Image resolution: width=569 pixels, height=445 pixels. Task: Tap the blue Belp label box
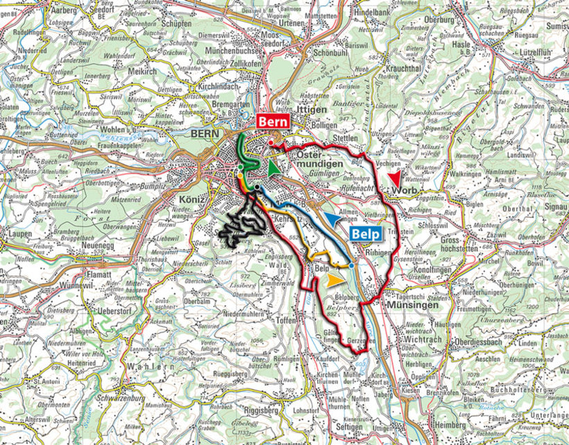coord(366,234)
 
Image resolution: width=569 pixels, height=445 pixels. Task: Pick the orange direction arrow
coord(335,280)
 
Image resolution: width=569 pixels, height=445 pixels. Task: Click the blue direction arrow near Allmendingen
coord(333,220)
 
